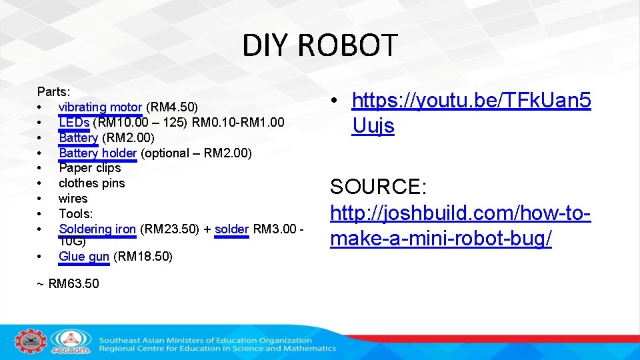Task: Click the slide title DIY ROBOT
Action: (x=319, y=45)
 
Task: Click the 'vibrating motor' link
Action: (x=100, y=107)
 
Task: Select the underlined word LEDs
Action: (x=74, y=122)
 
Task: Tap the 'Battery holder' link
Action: (x=97, y=153)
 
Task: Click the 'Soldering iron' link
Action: (x=97, y=229)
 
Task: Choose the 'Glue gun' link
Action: (x=84, y=256)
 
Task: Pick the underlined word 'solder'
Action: (x=231, y=229)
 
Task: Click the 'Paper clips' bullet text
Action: (x=90, y=168)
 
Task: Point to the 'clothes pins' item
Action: (x=92, y=183)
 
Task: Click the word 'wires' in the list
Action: (x=73, y=198)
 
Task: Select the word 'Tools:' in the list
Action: (x=76, y=213)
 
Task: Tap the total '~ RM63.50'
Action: (x=68, y=283)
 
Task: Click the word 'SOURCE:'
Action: (x=378, y=186)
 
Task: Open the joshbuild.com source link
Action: (x=460, y=226)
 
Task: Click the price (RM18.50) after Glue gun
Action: (x=143, y=256)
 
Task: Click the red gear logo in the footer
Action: (x=29, y=341)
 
